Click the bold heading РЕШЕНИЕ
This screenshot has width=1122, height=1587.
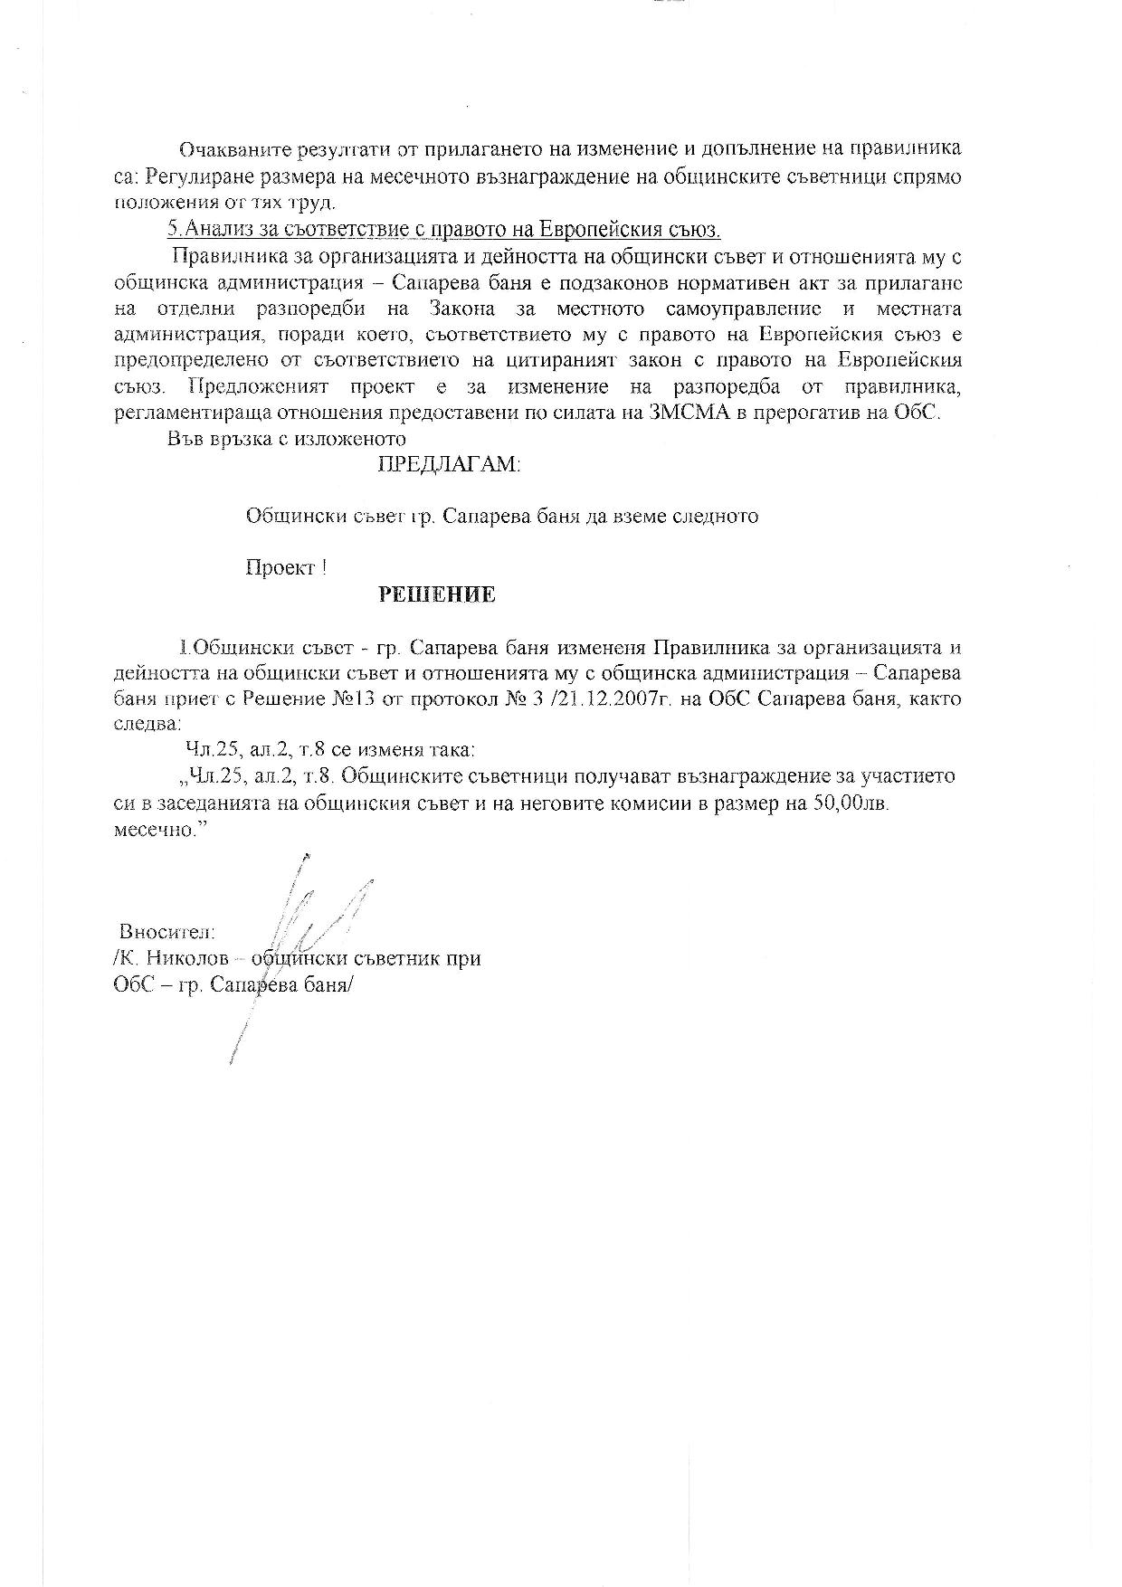pos(436,594)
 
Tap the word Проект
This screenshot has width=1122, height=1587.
pos(280,568)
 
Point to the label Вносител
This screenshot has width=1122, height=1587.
pos(167,931)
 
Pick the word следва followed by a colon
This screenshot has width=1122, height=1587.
pos(147,725)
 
